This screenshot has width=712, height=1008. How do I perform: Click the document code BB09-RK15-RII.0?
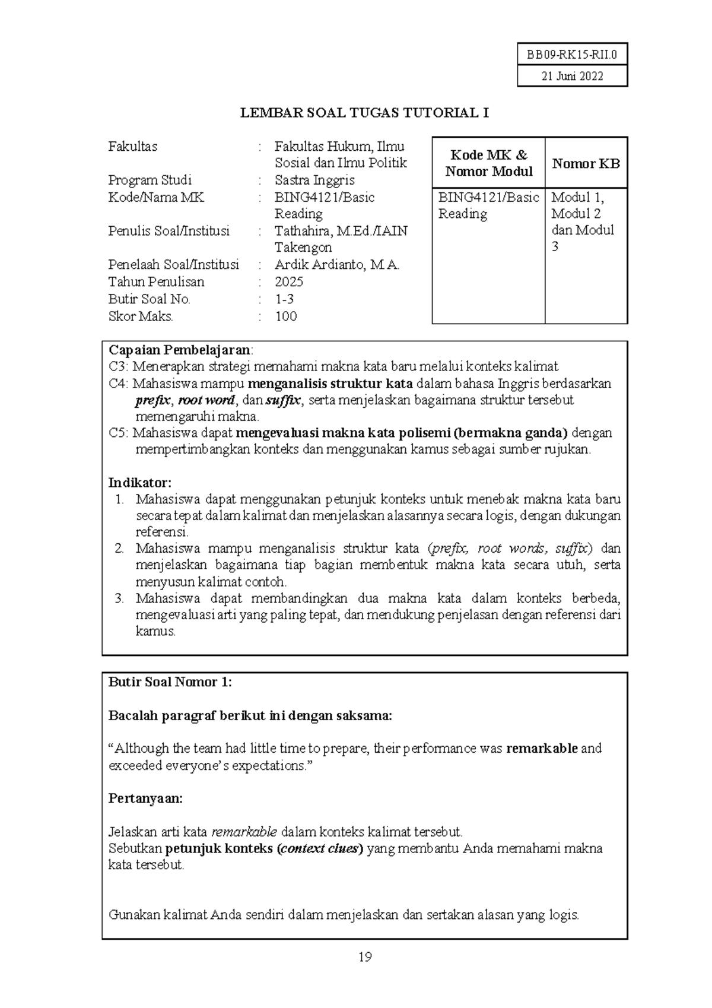pos(572,55)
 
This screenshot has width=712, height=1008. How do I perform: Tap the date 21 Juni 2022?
pos(572,76)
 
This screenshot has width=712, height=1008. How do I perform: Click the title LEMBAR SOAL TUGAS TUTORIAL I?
pos(364,113)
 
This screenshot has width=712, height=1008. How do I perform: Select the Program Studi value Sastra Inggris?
pos(314,180)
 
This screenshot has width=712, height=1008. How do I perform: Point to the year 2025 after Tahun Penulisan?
pos(289,282)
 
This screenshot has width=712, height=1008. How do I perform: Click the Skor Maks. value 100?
pos(286,316)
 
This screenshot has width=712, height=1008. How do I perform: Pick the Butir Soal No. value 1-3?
pos(284,299)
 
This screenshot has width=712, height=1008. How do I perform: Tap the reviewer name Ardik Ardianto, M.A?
pos(337,265)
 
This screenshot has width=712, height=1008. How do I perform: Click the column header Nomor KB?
pos(586,164)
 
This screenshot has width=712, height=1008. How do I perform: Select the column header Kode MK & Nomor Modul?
pos(489,163)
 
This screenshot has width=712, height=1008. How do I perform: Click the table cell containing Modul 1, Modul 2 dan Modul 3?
pos(583,221)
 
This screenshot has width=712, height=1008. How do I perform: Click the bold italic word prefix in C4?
pos(153,400)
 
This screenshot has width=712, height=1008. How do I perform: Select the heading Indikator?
pos(139,483)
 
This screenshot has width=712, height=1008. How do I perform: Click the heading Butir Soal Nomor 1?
pos(170,682)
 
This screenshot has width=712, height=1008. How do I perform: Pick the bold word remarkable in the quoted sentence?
pos(542,749)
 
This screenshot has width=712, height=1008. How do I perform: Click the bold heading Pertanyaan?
pos(145,798)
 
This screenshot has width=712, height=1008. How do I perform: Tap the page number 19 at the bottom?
pos(365,957)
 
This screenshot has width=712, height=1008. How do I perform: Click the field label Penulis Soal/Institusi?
pos(169,231)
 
